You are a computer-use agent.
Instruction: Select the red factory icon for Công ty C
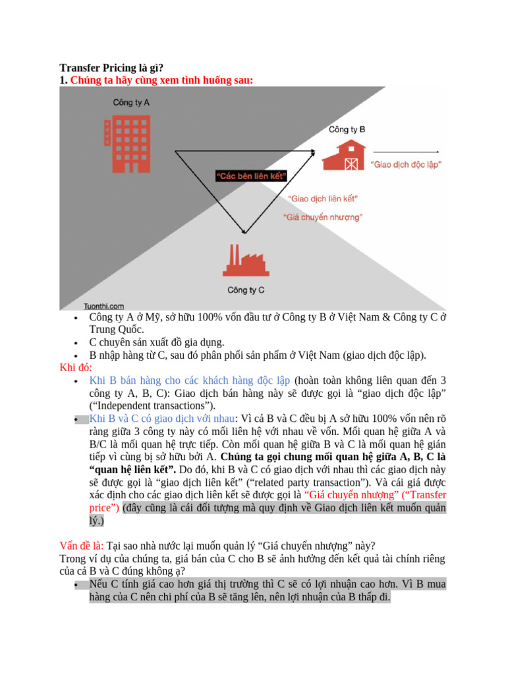point(244,260)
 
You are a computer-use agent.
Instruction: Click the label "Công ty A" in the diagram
point(131,103)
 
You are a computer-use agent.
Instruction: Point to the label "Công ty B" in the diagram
point(347,130)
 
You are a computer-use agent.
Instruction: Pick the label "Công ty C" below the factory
point(246,290)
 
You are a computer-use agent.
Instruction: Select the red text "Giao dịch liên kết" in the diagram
point(322,197)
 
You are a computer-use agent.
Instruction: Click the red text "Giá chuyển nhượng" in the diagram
point(322,217)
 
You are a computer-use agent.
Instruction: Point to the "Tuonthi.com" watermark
point(104,306)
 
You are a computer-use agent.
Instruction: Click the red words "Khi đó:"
point(76,367)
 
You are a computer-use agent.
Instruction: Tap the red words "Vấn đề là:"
point(82,545)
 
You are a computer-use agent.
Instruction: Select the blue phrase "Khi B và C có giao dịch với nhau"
point(162,419)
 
